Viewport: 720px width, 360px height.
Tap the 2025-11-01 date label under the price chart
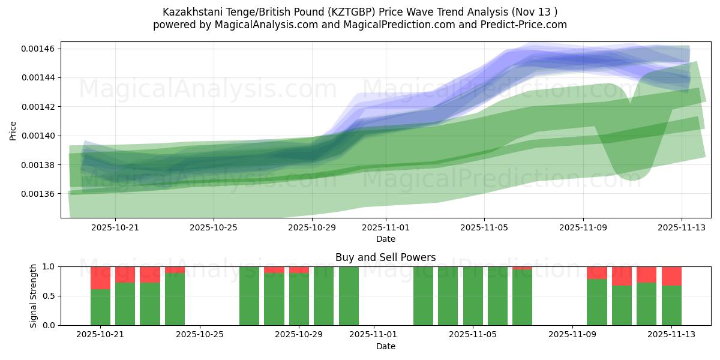(x=386, y=227)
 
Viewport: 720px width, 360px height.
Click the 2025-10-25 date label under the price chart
(x=214, y=227)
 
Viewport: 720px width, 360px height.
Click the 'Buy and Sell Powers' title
(x=385, y=257)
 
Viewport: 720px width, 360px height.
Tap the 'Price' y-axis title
(x=13, y=130)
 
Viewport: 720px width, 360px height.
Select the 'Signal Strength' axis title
(x=34, y=296)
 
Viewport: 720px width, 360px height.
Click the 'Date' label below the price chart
(x=385, y=239)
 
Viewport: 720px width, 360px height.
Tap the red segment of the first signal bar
(x=100, y=278)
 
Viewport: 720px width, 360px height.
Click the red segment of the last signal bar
(x=671, y=276)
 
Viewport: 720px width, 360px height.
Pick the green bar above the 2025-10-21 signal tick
(x=100, y=307)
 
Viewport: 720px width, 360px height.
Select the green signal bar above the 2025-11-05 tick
(x=473, y=296)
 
